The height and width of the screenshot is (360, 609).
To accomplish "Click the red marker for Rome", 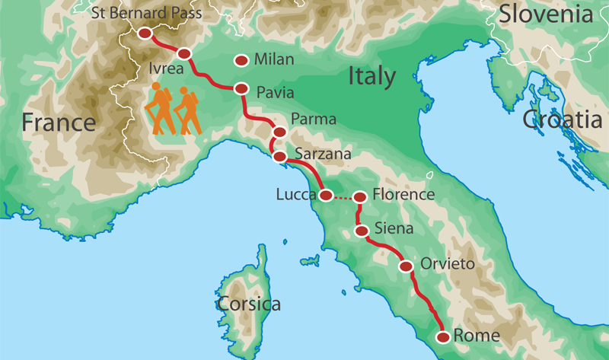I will point(442,336).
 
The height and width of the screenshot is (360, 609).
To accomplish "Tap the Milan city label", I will point(274,59).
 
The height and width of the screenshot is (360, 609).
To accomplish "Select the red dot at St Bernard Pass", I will point(145,33).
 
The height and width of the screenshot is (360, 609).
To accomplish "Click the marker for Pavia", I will point(242,88).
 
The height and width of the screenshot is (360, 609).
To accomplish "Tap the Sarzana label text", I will point(323,155).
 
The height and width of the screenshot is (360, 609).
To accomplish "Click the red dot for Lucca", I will point(325,196).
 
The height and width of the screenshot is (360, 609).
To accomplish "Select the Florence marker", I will point(360,197).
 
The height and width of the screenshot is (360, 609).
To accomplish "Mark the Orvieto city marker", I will point(407,266).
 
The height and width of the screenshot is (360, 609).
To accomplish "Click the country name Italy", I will point(372,76).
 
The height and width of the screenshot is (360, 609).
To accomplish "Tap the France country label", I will point(59,122).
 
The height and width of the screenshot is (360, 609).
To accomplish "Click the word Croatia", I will point(562,119).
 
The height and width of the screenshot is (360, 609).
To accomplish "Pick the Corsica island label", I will point(249,304).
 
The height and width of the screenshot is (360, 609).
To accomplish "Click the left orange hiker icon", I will point(160,109).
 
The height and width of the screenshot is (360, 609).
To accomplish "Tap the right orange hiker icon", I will point(187,111).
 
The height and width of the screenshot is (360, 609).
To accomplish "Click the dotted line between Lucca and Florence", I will point(343,198).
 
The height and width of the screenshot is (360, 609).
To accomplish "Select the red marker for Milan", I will point(243,60).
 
